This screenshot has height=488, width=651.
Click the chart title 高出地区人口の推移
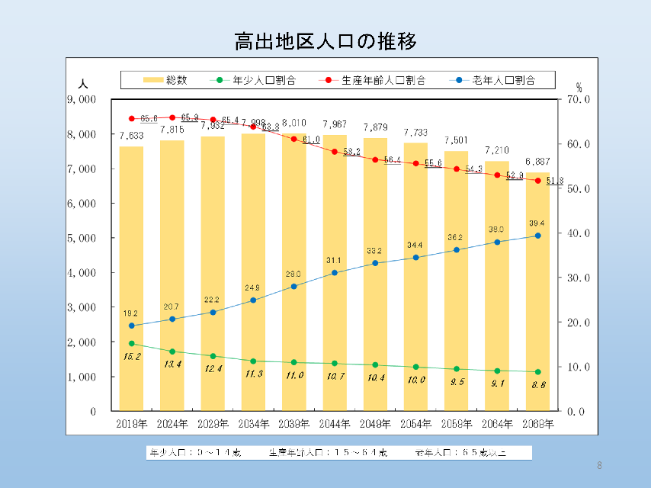coord(325,40)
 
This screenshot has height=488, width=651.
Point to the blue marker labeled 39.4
coord(537,236)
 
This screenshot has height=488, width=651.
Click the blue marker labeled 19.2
coord(132,326)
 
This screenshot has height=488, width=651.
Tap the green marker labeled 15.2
coord(132,344)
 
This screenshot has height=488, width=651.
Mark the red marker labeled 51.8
coord(537,181)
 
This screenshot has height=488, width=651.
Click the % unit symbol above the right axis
coord(579,87)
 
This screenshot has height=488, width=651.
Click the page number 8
coord(599,465)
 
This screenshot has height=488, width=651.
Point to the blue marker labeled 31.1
coord(335,272)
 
